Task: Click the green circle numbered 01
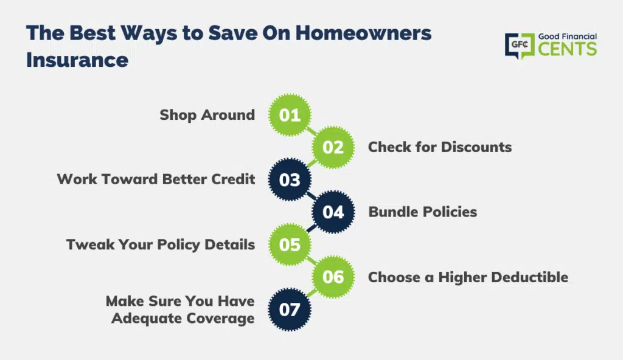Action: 290,115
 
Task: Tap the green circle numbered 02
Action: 333,147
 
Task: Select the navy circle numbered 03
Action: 290,179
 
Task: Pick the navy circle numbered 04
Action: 333,212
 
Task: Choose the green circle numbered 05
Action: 290,244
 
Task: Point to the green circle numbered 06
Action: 333,277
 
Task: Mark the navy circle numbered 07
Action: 290,310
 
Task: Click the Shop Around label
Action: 207,115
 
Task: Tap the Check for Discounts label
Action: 440,147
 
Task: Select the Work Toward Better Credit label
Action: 156,179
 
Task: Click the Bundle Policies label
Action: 423,212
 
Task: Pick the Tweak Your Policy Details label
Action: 161,245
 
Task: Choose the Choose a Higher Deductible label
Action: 468,277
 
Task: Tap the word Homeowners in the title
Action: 363,33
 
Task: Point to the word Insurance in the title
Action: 77,60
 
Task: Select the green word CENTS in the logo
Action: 568,49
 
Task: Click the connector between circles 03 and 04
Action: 311,196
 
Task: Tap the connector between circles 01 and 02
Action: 311,131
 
